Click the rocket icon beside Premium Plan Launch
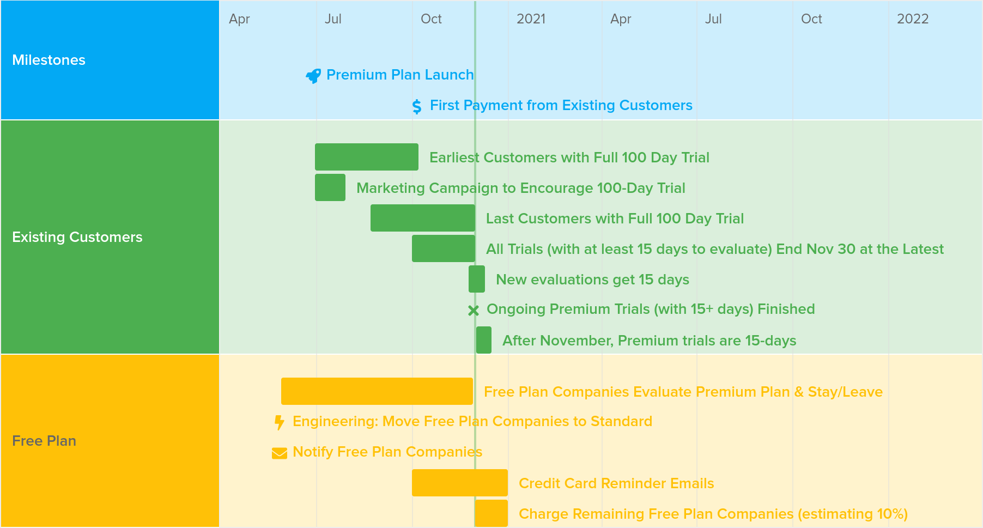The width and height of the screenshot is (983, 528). [313, 76]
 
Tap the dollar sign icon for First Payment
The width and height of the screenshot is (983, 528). [417, 106]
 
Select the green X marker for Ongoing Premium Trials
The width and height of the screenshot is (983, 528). [474, 311]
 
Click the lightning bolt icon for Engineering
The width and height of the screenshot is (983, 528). [280, 422]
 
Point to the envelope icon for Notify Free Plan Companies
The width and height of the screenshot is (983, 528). [280, 453]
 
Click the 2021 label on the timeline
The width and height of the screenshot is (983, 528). [531, 19]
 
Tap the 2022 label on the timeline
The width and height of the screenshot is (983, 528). [913, 19]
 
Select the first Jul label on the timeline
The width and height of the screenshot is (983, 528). [333, 19]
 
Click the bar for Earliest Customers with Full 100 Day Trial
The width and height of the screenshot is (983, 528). [367, 157]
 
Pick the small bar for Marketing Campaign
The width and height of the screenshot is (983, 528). [330, 187]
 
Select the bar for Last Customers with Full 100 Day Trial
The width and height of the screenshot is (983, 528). [423, 218]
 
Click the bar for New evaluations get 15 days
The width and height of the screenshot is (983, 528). [477, 279]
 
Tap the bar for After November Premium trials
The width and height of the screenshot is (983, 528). [484, 340]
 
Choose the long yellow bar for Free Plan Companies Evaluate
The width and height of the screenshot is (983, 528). [377, 391]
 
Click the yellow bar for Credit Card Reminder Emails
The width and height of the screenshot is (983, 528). [460, 483]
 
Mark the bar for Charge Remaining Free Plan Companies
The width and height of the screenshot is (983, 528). [491, 513]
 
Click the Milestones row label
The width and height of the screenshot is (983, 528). [49, 60]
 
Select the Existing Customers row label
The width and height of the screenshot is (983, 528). [77, 237]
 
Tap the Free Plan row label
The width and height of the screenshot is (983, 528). [44, 441]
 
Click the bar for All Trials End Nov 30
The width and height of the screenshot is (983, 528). [444, 248]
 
